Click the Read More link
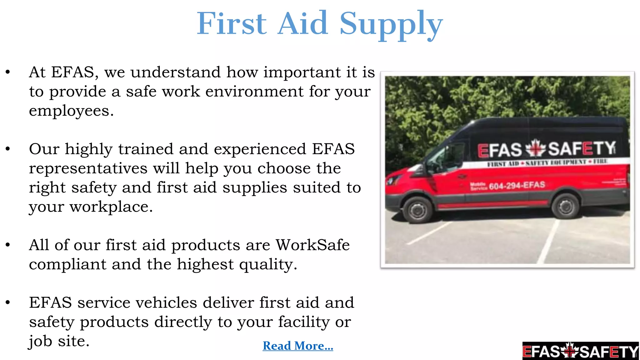click(x=298, y=346)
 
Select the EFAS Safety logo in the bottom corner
click(x=580, y=351)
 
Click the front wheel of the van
click(x=418, y=209)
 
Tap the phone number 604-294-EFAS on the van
click(x=517, y=186)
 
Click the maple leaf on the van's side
click(x=535, y=148)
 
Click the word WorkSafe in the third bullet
click(x=312, y=245)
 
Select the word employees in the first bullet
click(x=71, y=111)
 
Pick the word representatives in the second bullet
click(x=88, y=169)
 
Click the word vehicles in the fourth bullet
click(x=166, y=303)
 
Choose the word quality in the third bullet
click(x=268, y=265)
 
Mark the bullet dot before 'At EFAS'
click(x=8, y=72)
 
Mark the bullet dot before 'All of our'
click(x=8, y=245)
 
